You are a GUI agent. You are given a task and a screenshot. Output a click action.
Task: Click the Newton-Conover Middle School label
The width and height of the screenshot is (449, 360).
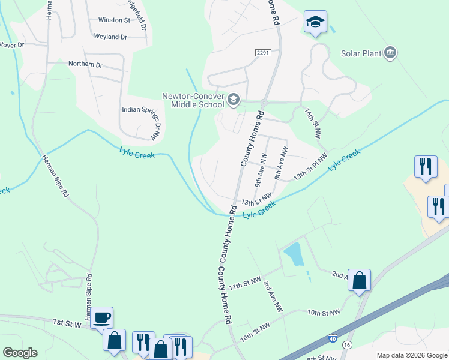coord(193,100)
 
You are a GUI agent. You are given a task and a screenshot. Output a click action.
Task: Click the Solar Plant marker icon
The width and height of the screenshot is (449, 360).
coord(391,53)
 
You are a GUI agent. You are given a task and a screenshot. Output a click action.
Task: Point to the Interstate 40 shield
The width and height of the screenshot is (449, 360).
coord(332,339)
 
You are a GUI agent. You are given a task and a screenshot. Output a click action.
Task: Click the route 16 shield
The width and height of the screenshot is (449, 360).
coord(347,344)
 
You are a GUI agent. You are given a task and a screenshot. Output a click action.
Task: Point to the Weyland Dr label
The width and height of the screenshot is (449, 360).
coord(110,37)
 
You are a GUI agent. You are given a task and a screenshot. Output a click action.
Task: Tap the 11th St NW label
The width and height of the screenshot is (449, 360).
coord(244,283)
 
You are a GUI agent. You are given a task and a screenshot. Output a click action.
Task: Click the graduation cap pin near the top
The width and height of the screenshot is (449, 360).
coord(315,22)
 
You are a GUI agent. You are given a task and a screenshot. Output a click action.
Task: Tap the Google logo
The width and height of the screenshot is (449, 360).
coord(20,352)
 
